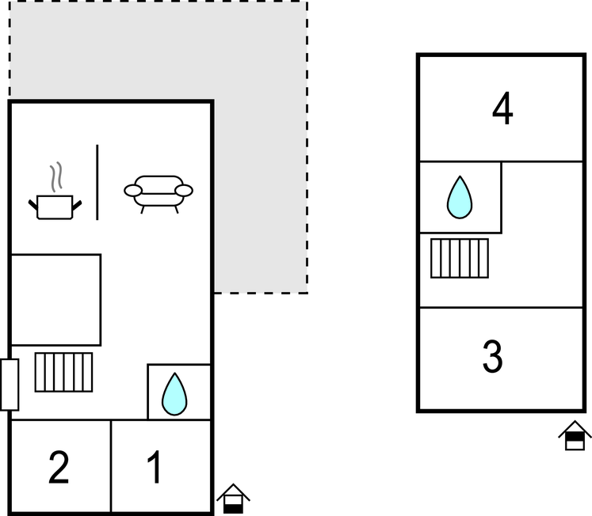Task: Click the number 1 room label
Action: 156,468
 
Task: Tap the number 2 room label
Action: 59,468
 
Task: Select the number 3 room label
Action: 493,358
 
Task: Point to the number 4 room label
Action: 502,110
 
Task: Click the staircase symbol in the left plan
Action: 63,372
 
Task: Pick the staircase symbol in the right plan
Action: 460,258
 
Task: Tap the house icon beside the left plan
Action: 233,499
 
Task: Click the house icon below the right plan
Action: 575,436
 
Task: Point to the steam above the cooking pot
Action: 55,178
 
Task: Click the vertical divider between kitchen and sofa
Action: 97,182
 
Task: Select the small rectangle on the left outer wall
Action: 10,385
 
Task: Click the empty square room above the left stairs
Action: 55,299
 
